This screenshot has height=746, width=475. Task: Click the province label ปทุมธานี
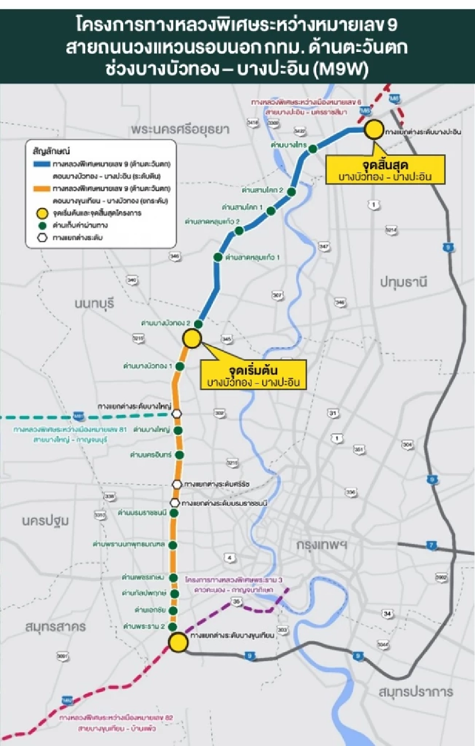403,282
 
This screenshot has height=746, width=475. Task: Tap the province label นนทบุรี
95,303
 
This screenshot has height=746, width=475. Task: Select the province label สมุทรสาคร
55,626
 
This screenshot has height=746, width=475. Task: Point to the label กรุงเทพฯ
322,545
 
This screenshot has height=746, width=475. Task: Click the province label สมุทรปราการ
416,692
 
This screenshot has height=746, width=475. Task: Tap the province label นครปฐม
46,520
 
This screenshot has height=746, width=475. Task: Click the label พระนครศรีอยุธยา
180,129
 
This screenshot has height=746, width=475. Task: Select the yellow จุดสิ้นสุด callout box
385,170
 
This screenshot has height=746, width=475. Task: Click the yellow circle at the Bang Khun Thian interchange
178,642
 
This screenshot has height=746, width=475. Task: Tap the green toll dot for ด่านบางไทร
313,149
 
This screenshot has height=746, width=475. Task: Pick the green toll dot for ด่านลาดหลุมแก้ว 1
218,257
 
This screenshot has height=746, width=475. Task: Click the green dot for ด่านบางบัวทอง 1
180,367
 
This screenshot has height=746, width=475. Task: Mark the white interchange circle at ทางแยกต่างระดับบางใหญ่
177,414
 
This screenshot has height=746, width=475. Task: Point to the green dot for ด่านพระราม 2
173,627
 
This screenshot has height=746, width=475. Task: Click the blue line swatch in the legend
42,164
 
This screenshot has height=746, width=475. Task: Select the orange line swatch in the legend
42,188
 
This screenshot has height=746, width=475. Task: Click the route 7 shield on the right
431,545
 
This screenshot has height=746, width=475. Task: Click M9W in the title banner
341,69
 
